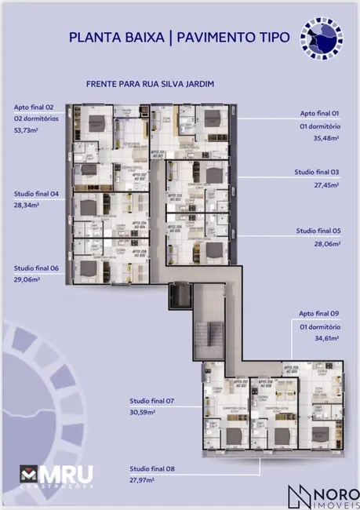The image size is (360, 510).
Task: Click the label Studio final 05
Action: [x=317, y=231]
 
